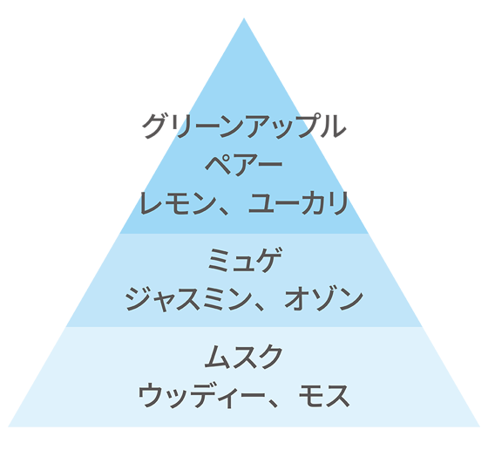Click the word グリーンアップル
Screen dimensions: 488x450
tap(244, 126)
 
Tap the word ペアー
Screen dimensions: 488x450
tap(244, 165)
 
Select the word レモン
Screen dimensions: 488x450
tap(179, 203)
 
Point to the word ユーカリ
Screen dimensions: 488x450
tap(298, 203)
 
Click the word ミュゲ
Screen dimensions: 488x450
tap(245, 261)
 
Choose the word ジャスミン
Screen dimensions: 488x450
tap(188, 299)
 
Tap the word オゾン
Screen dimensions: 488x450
tap(324, 299)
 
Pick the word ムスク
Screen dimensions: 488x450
tap(244, 357)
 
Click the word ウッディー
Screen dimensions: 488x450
tap(201, 396)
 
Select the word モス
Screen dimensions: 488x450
tap(323, 396)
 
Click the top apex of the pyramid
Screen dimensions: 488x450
tap(244, 18)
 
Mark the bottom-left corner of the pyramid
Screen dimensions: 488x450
tap(8, 426)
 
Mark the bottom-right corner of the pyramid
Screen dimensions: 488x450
tap(480, 426)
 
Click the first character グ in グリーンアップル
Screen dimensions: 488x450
tap(153, 126)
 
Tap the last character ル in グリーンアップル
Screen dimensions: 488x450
tap(334, 126)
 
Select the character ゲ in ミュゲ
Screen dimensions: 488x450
tap(270, 261)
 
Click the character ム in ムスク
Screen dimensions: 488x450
tap(217, 357)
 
